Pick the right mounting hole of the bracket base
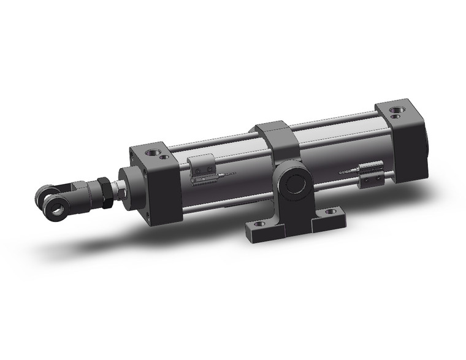pos(330,212)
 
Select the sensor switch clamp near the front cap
pos(202,169)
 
